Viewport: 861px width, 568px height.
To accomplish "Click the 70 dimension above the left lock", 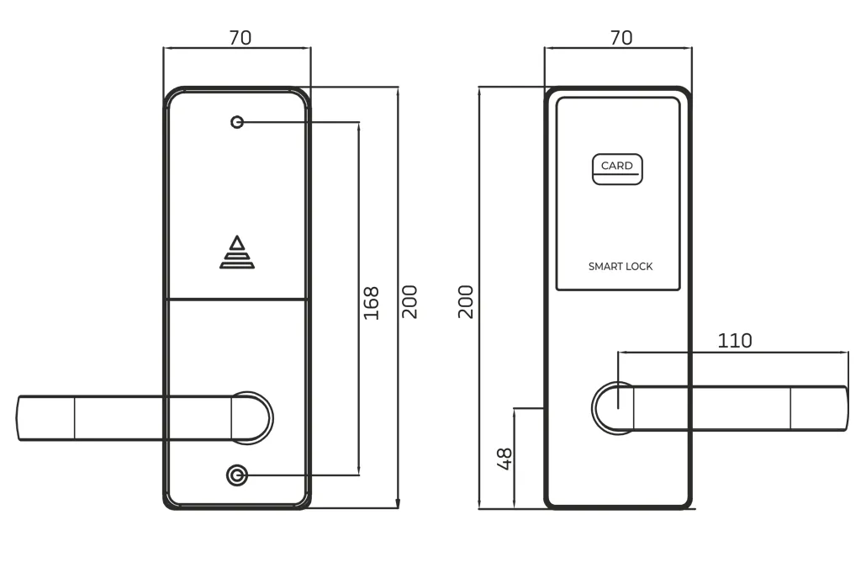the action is click(x=240, y=38).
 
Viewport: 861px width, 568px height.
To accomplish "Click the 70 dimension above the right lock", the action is click(x=621, y=38).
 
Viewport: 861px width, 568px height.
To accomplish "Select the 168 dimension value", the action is click(x=372, y=303).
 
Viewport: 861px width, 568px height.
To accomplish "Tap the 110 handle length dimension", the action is click(x=735, y=341).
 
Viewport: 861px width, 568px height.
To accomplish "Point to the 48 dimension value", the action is click(x=504, y=459).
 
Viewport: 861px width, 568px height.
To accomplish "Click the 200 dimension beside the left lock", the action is click(x=409, y=301).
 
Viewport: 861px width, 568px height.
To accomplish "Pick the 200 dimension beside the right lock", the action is click(x=466, y=301).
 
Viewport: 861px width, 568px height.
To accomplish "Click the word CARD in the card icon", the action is click(x=616, y=165).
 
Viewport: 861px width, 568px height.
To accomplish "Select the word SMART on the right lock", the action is click(x=605, y=267).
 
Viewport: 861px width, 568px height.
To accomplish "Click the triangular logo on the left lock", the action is click(x=237, y=252).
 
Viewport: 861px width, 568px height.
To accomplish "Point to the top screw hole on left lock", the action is click(x=237, y=122).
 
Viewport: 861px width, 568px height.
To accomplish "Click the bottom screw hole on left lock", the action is click(x=237, y=475).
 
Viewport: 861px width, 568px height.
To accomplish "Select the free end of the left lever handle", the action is click(x=18, y=418).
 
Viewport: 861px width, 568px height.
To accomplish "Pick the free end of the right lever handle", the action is click(x=846, y=409).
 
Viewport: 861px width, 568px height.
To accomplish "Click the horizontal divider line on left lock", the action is click(x=237, y=300).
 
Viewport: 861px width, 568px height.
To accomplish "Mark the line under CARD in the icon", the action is click(x=616, y=175).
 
